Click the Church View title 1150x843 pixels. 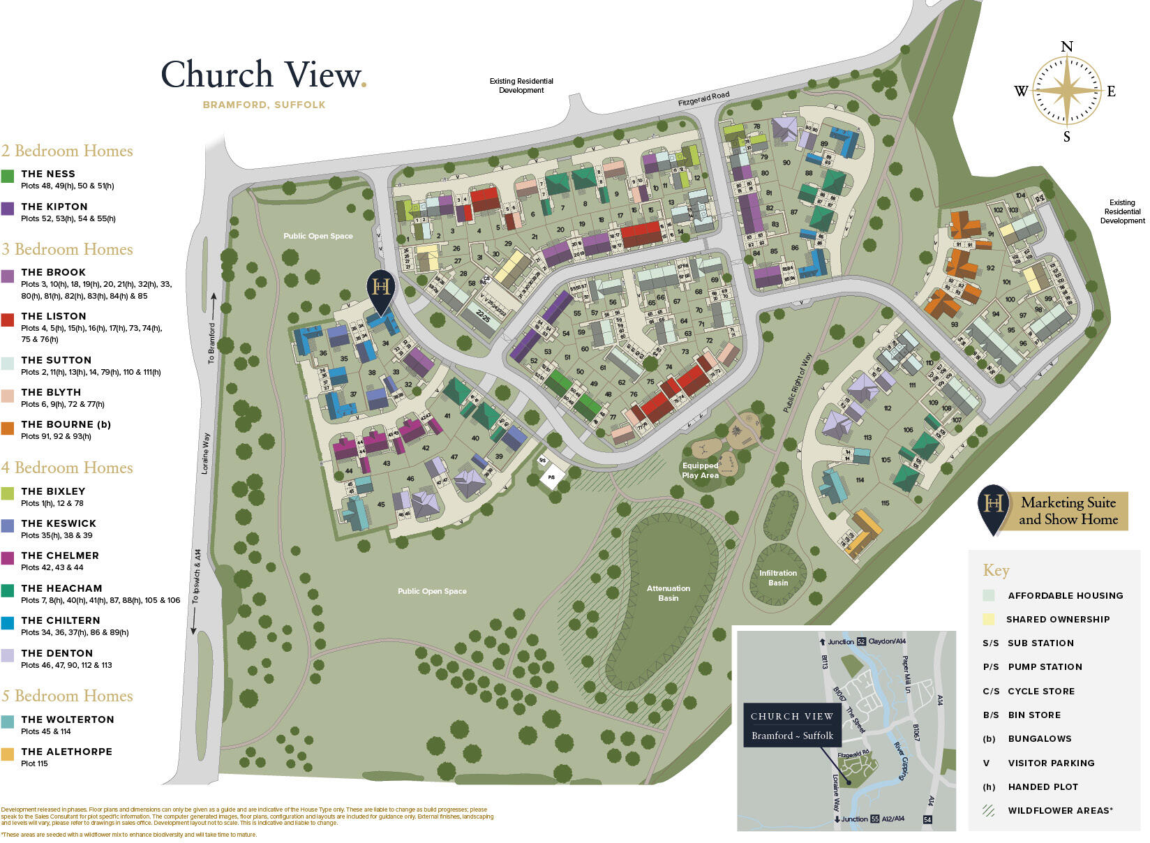tap(263, 75)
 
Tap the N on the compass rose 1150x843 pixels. tap(1066, 47)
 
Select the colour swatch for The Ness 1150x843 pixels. tap(8, 177)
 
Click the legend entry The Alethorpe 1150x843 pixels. tap(66, 752)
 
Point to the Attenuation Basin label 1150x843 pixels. tap(668, 593)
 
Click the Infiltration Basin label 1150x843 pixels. tap(778, 578)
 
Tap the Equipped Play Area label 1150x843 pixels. tap(700, 470)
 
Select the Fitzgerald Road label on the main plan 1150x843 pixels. tap(703, 99)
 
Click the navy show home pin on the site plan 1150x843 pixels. tap(381, 290)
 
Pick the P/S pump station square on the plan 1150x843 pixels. tap(551, 477)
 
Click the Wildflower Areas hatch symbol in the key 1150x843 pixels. tap(988, 810)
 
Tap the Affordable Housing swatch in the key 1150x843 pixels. tap(988, 595)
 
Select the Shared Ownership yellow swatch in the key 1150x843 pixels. tap(988, 619)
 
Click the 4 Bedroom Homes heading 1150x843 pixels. tap(67, 468)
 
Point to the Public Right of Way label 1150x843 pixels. tap(797, 383)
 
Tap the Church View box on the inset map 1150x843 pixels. tap(791, 726)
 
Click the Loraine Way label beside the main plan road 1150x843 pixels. tap(206, 454)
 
